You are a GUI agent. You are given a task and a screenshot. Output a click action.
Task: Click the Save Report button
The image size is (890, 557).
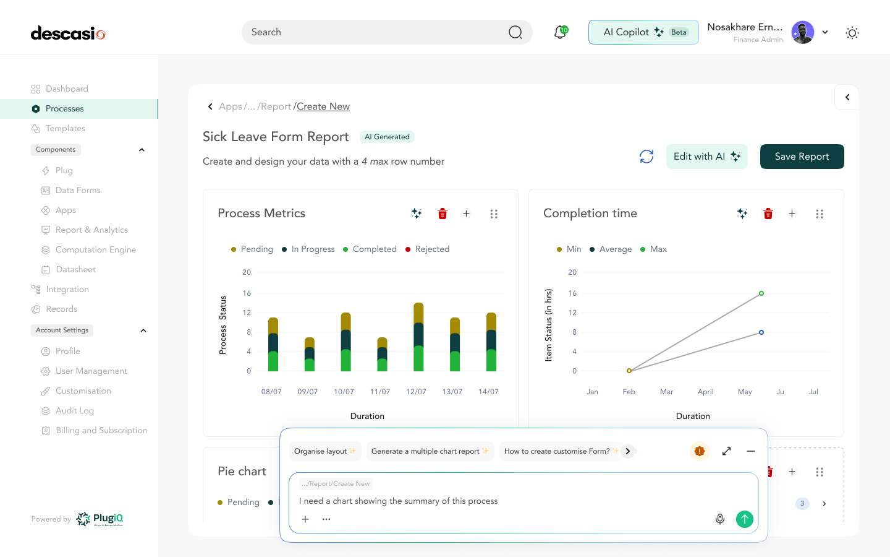pos(802,157)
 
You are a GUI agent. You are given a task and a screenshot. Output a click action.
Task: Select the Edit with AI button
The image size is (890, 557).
pos(706,157)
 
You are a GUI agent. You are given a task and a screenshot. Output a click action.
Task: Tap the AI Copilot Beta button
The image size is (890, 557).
pos(643,32)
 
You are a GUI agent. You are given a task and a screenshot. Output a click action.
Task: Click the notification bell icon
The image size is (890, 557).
pos(560,32)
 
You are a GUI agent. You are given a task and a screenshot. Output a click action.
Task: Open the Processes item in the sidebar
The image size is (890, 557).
pos(64,109)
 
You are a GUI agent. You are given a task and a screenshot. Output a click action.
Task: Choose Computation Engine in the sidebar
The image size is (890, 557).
pos(95,250)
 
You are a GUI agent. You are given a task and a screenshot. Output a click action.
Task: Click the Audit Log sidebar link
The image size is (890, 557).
pos(74,411)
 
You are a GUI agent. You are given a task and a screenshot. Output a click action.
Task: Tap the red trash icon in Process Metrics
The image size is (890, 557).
pos(443,214)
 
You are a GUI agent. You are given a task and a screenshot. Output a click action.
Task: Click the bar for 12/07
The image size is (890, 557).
pos(418,337)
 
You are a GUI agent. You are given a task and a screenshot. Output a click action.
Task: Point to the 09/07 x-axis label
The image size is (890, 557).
pos(307,392)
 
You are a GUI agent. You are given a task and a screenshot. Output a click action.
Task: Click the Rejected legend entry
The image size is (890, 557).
pos(431,249)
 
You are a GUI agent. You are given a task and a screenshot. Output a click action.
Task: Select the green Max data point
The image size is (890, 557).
pos(761,293)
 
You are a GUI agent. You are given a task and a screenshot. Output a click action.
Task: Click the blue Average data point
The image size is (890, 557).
pos(761,332)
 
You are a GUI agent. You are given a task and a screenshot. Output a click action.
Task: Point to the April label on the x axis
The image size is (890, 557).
pos(705,392)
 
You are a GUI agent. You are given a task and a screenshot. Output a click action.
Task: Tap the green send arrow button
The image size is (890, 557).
pos(745,519)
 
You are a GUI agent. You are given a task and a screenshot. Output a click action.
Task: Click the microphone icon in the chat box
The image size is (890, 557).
pos(720,519)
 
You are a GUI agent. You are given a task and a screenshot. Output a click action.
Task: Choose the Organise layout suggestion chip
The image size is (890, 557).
pos(324,451)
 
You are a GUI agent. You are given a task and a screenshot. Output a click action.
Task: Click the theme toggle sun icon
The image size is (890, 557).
pos(852,33)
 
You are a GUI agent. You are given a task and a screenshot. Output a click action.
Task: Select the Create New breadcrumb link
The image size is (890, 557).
pos(323,106)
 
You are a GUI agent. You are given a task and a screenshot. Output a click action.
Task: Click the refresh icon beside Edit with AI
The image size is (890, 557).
pos(646,157)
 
